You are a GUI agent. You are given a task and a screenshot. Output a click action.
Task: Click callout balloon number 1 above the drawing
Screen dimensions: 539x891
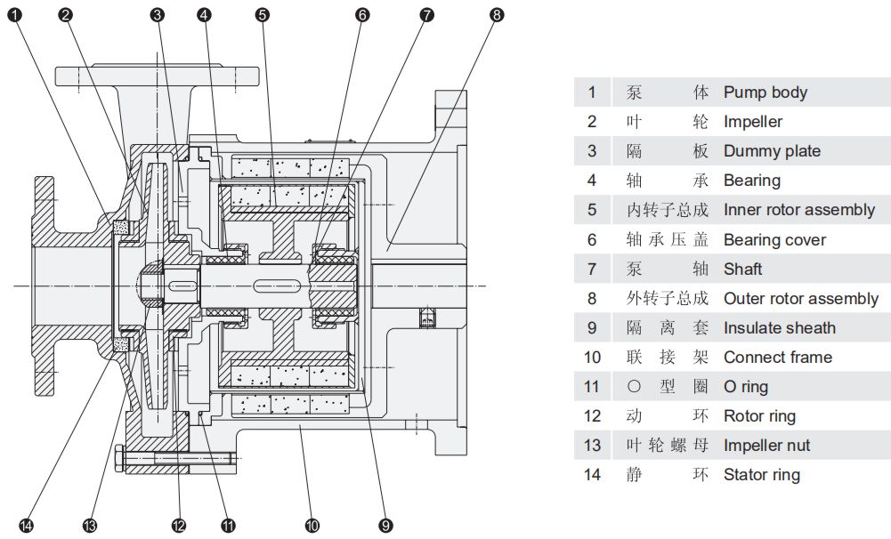click(x=13, y=14)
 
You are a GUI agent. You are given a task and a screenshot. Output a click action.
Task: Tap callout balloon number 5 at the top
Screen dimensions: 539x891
click(x=261, y=14)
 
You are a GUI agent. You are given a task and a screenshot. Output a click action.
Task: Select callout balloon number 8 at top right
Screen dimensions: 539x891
click(x=497, y=14)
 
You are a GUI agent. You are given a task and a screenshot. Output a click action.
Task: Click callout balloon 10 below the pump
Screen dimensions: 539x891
click(x=312, y=526)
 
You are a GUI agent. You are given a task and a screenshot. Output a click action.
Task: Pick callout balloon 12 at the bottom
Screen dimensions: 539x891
click(x=179, y=526)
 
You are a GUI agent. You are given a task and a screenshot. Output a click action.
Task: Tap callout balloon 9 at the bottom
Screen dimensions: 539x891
click(x=385, y=526)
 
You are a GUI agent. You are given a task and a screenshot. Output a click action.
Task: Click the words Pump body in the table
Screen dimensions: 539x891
click(x=765, y=93)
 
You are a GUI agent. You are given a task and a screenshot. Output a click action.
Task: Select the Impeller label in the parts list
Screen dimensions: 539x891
click(x=752, y=122)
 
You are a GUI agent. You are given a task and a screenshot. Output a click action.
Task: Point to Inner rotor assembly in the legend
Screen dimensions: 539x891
click(x=798, y=210)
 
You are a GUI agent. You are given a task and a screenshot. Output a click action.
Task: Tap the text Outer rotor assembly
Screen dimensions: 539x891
click(x=800, y=299)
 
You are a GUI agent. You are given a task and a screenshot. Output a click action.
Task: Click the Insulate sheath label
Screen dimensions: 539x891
click(x=779, y=328)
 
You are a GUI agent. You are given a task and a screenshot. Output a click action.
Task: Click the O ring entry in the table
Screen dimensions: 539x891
click(x=745, y=387)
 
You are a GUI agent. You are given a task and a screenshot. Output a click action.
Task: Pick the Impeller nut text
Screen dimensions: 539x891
click(x=766, y=446)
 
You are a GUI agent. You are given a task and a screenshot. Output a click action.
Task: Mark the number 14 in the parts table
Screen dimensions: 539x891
click(x=592, y=475)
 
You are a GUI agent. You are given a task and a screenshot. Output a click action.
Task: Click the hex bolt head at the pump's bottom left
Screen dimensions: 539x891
click(x=120, y=461)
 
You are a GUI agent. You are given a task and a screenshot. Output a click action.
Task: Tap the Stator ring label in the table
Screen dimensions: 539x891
click(x=761, y=475)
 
